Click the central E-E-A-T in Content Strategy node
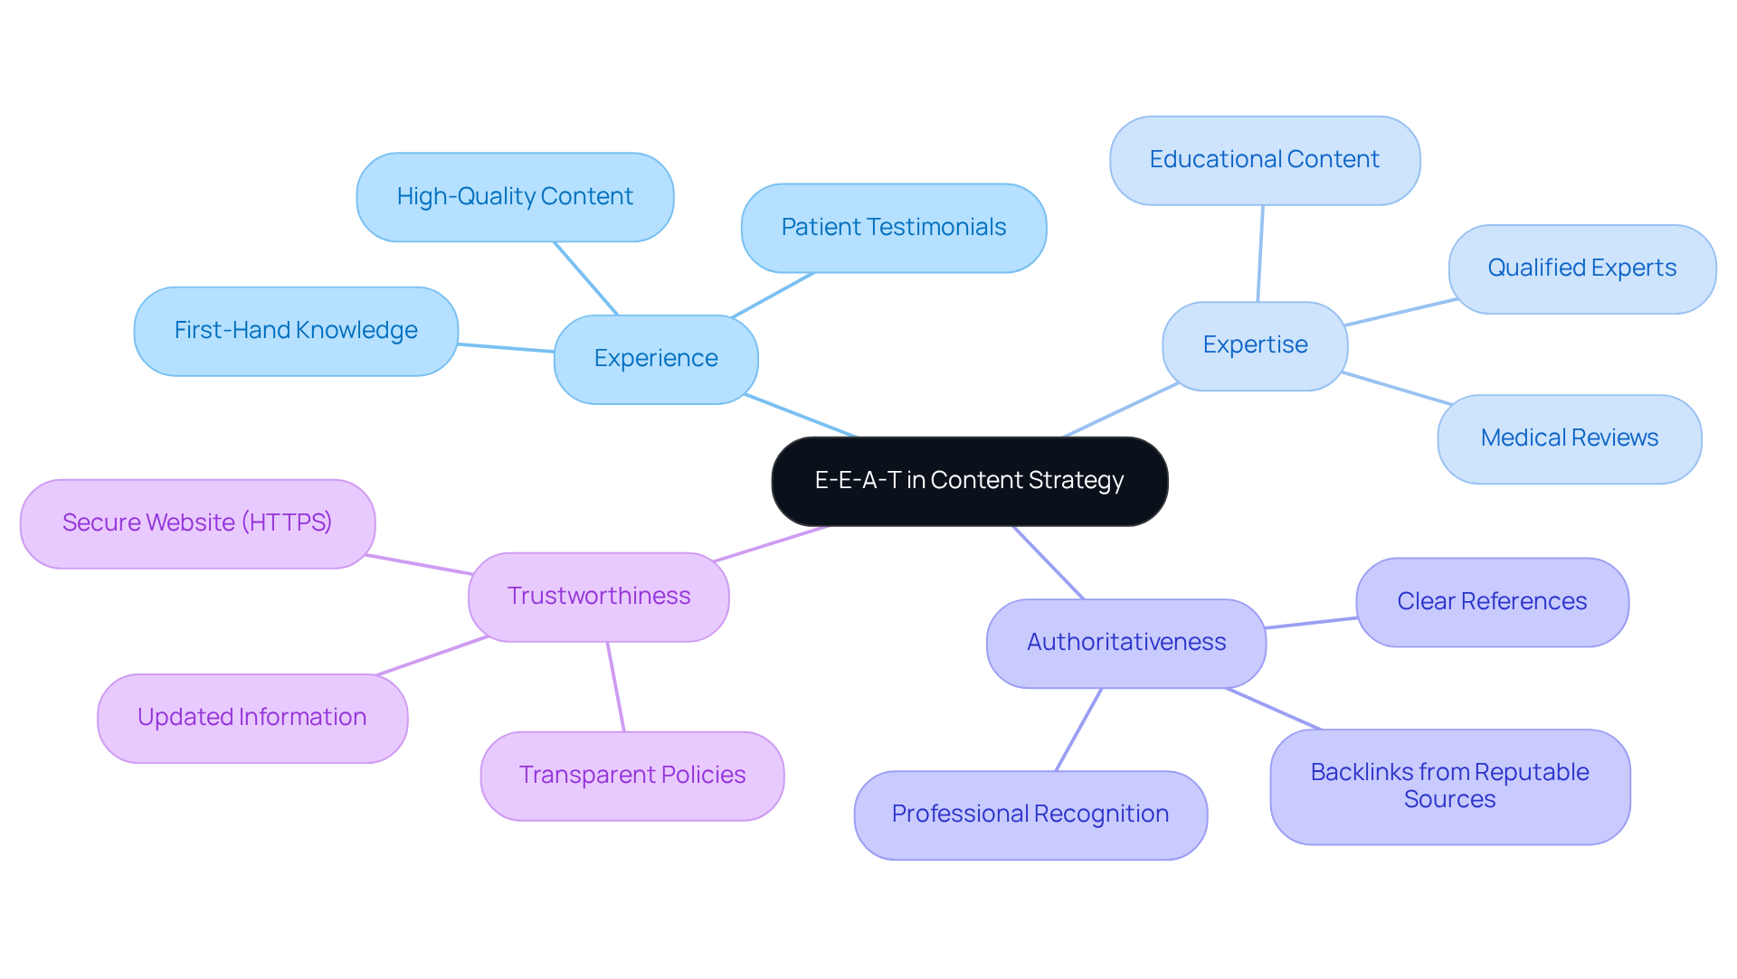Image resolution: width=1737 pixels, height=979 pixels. point(969,481)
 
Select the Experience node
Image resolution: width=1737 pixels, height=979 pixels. point(656,359)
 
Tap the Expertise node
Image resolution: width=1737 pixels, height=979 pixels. point(1255,345)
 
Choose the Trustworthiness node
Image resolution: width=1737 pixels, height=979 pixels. point(599,597)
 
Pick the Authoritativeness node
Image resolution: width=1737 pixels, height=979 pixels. point(1126,643)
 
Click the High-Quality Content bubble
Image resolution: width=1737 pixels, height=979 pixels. point(515,197)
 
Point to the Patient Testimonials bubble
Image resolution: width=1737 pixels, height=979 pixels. point(894,228)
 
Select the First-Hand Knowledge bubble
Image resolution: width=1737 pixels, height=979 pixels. point(296,331)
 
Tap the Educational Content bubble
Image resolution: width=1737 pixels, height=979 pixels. point(1264,160)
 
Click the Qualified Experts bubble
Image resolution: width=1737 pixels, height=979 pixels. point(1581,268)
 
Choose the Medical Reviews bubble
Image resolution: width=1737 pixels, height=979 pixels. point(1569,438)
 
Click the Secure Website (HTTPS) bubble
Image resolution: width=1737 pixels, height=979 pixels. point(197,523)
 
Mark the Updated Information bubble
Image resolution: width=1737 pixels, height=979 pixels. point(252,718)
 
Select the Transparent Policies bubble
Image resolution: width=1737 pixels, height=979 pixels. point(632,776)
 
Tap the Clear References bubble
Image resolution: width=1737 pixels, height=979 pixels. point(1492,602)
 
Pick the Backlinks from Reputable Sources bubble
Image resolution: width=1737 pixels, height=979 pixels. point(1449,786)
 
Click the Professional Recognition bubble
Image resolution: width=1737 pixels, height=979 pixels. point(1030,814)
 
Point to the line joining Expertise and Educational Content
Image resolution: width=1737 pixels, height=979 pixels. point(1260,254)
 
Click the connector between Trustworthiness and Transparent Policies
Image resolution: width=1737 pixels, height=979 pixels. point(616,687)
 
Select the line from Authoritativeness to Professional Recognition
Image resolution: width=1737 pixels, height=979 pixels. point(1079,730)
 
